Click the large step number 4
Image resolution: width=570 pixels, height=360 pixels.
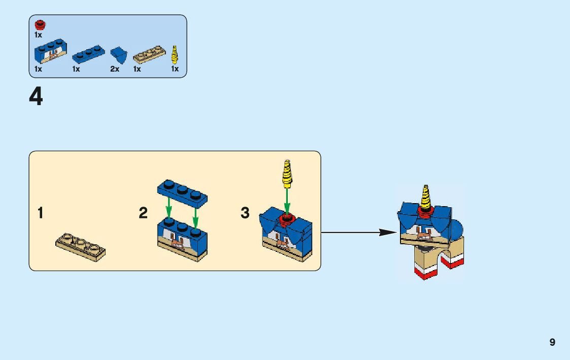[36, 96]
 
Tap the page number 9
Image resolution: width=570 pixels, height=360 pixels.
[552, 342]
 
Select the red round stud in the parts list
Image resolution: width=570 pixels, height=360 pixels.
[39, 24]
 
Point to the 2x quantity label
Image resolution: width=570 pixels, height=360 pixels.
[115, 69]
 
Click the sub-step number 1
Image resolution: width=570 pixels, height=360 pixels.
[41, 213]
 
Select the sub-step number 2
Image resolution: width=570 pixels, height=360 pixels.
[143, 213]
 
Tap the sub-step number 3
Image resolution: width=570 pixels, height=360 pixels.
[245, 213]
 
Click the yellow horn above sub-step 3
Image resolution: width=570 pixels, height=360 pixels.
[287, 173]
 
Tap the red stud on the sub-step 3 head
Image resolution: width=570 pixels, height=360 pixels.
[287, 219]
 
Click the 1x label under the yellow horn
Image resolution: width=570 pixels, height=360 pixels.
[175, 69]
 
